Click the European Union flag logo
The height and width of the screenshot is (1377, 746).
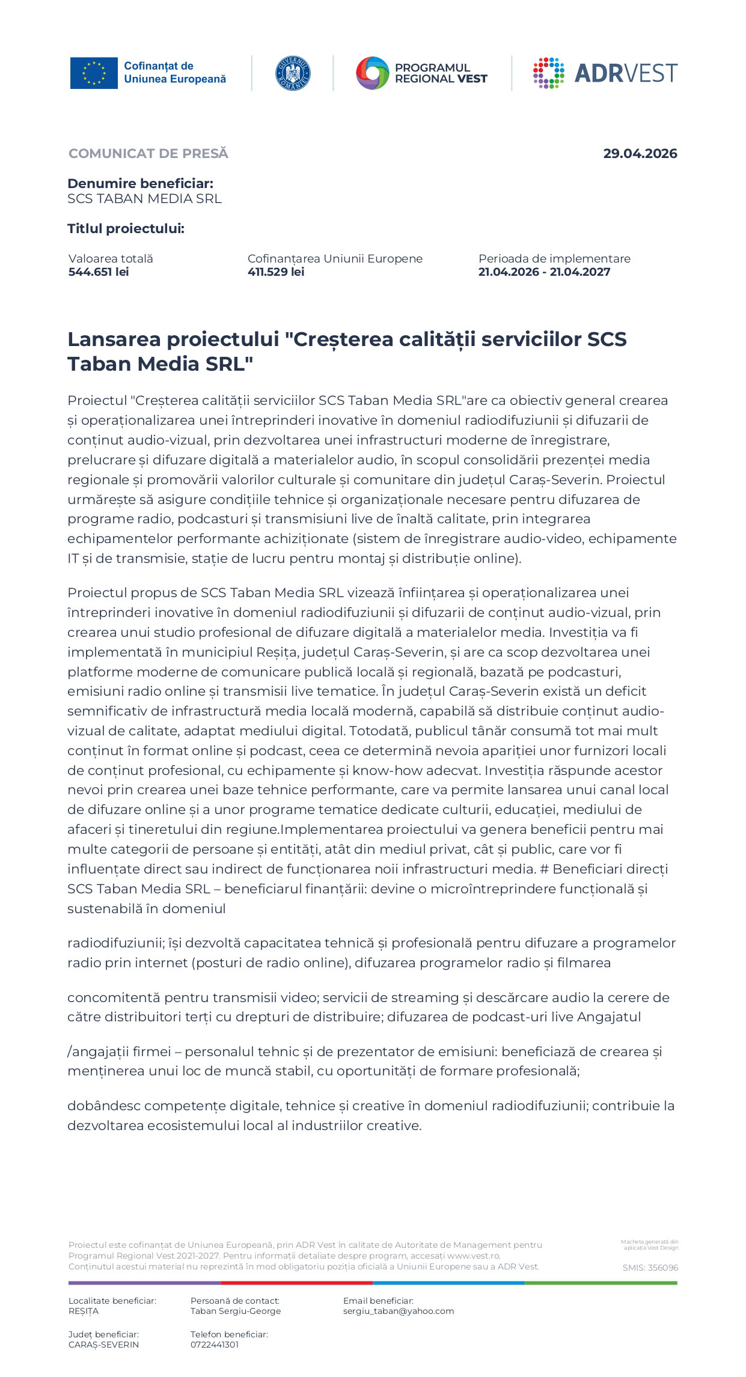[94, 73]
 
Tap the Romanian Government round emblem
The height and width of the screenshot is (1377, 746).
[293, 73]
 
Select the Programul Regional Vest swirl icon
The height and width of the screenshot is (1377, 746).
[373, 73]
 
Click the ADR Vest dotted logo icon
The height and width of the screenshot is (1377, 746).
[548, 73]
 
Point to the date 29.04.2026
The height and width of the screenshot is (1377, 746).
[640, 154]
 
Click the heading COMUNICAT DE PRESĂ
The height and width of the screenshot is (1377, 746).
[148, 154]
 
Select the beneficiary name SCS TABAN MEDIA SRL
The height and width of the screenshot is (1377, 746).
[144, 199]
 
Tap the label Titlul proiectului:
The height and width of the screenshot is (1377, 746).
[126, 229]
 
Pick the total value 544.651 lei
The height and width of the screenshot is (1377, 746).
[99, 272]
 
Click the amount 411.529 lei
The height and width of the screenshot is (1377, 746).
[276, 272]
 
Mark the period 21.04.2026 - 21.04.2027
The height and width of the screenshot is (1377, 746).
[544, 272]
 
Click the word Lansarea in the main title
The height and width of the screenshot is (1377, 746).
[114, 339]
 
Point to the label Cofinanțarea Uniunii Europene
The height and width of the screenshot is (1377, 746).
[335, 259]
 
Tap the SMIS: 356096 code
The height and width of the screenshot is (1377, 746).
[650, 1268]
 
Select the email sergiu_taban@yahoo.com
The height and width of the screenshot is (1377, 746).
[399, 1311]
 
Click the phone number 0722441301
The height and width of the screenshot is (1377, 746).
[215, 1345]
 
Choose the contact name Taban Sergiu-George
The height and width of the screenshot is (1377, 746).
[236, 1311]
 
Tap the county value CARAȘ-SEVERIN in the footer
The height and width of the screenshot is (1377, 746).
[103, 1345]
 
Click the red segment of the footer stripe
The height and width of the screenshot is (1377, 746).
[297, 1283]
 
